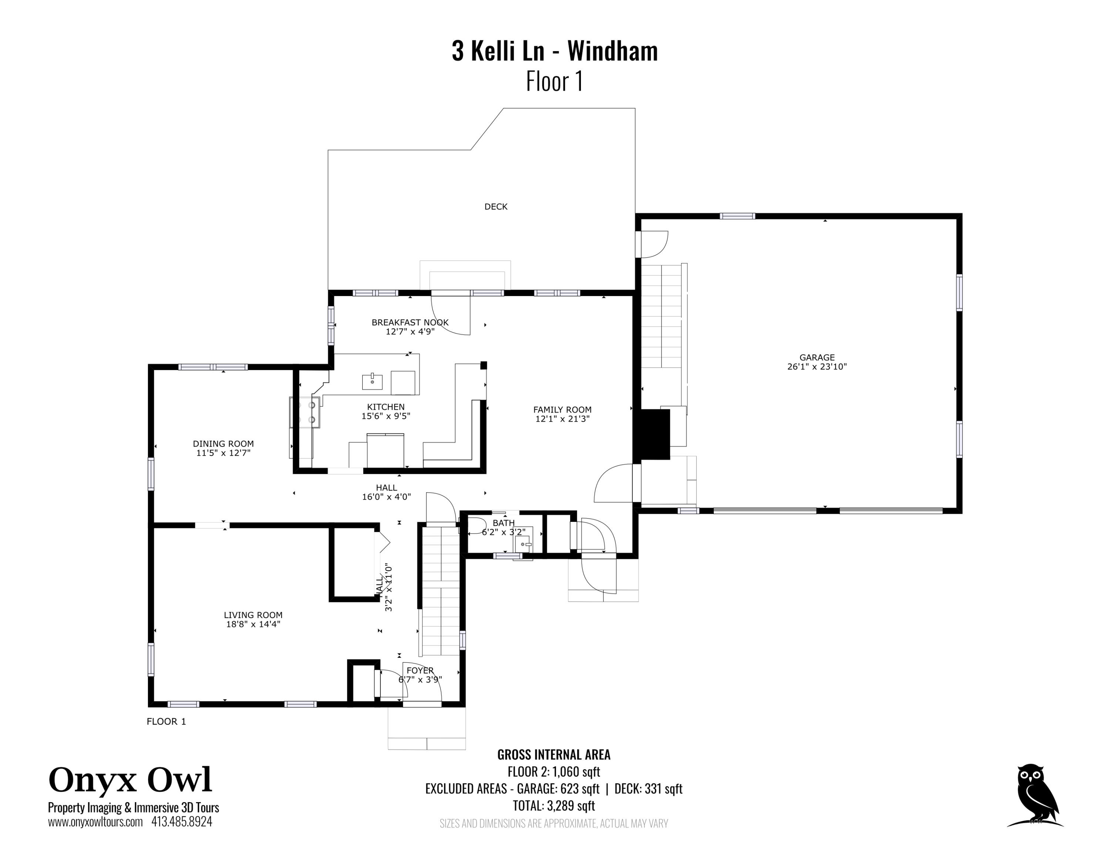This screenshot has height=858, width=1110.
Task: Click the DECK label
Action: (x=495, y=207)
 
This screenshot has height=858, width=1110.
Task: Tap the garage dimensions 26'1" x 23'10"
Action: (x=817, y=366)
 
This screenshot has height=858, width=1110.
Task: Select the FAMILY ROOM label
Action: (x=562, y=410)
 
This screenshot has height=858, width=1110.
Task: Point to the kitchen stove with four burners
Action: (x=305, y=412)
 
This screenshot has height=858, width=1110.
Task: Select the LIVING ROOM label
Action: (x=253, y=615)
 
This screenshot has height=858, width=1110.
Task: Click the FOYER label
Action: (x=420, y=670)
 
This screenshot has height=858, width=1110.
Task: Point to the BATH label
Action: (x=503, y=523)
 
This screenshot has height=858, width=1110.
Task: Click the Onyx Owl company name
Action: (x=130, y=780)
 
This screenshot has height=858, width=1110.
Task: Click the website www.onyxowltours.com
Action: (x=95, y=822)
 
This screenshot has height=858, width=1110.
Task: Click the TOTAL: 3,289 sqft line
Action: (x=554, y=806)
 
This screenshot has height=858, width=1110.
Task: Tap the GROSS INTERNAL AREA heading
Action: (x=554, y=755)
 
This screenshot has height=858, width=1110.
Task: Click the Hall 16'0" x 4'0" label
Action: (x=386, y=492)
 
